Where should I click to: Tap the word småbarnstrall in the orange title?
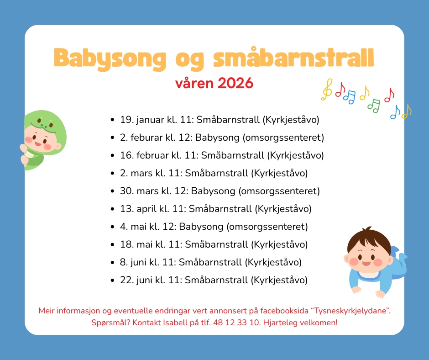(x=293, y=57)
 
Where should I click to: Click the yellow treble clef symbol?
(x=327, y=90)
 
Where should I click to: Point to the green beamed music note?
(x=374, y=106)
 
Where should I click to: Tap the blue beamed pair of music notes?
(x=350, y=97)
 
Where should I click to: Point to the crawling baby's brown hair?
(x=369, y=241)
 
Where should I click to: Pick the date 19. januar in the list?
(x=142, y=120)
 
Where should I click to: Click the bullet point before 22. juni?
(x=112, y=280)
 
